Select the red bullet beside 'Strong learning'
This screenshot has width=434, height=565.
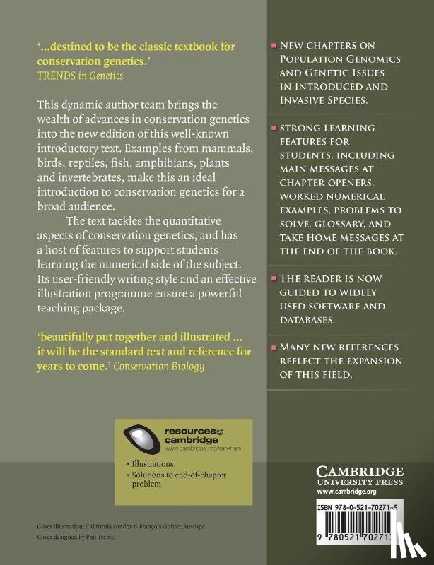[x=274, y=129]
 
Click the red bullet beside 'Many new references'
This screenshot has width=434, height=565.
[x=274, y=347]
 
